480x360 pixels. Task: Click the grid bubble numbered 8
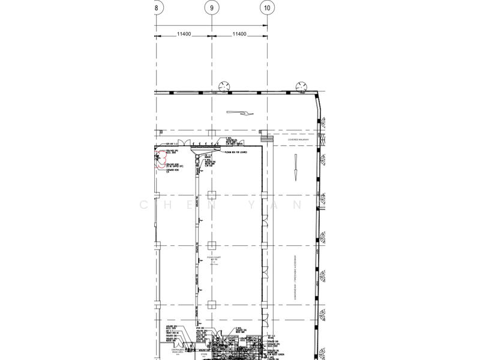tap(157, 8)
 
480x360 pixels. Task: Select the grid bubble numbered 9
tap(211, 8)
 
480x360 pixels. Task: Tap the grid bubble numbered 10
tap(266, 8)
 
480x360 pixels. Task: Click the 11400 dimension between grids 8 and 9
tap(184, 34)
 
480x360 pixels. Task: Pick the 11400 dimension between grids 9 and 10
tap(239, 34)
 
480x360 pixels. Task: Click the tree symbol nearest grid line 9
tap(226, 86)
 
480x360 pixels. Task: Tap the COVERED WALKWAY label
tap(298, 140)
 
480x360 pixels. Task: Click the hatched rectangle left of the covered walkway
tap(269, 140)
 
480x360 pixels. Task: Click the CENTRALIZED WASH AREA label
tap(171, 350)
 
